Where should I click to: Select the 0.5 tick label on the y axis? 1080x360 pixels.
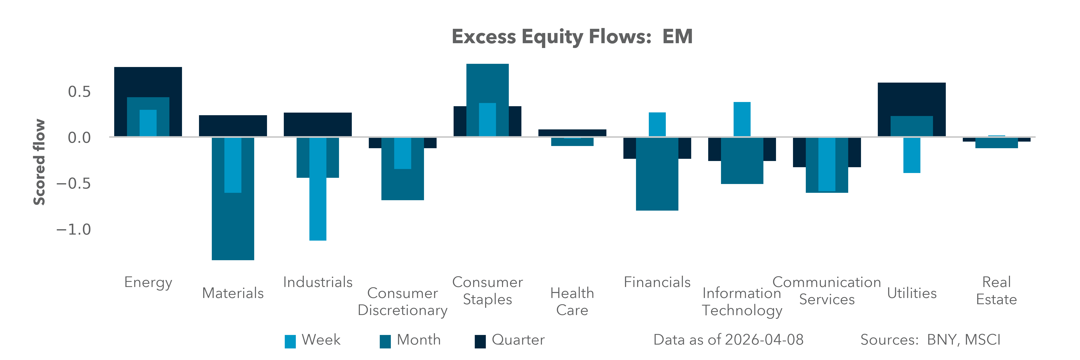(x=79, y=92)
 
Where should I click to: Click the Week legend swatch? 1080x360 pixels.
(x=290, y=341)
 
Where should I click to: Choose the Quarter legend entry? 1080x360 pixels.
(x=509, y=340)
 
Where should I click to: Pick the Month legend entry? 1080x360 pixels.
(x=410, y=340)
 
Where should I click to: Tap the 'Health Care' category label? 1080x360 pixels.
(x=572, y=301)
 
